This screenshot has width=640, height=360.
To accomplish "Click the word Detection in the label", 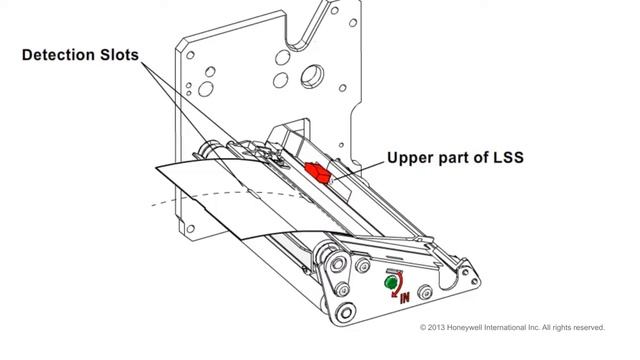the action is tap(59, 55).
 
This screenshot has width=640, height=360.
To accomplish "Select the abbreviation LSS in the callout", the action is tap(508, 158).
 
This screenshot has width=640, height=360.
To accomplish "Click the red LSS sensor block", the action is tap(318, 172).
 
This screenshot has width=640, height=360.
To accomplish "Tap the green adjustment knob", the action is tap(391, 282).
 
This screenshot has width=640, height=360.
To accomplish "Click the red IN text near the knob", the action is tap(404, 298).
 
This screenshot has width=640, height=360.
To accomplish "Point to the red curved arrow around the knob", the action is tap(399, 285).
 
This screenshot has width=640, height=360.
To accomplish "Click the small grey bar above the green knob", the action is tap(394, 271).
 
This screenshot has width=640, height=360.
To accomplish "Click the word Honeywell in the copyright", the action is tap(465, 327).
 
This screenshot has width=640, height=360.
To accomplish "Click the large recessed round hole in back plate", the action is tap(312, 76).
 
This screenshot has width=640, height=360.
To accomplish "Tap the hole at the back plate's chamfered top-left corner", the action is tap(190, 55).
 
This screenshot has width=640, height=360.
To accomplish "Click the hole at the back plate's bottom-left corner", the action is tap(190, 229).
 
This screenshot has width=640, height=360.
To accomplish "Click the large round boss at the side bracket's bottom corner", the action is tap(346, 313).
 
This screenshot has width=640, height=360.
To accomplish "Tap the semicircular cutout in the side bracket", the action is tap(449, 281).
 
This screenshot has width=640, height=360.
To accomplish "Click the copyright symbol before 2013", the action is tap(423, 327).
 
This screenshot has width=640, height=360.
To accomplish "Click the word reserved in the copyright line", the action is tap(589, 327).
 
